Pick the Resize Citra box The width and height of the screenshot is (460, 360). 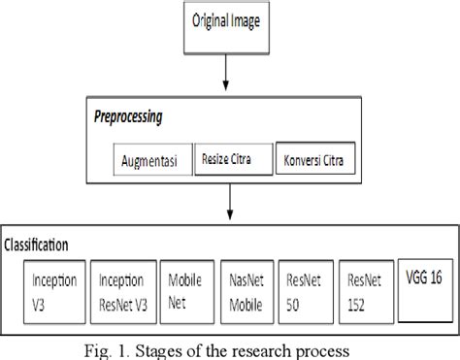click(x=230, y=155)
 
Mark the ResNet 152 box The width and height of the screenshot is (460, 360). click(x=363, y=288)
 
